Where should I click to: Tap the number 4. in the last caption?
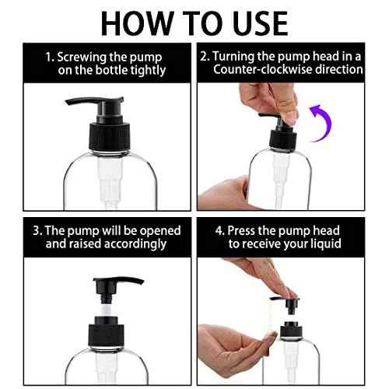tap(222, 230)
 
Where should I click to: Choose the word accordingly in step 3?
tap(130, 244)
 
